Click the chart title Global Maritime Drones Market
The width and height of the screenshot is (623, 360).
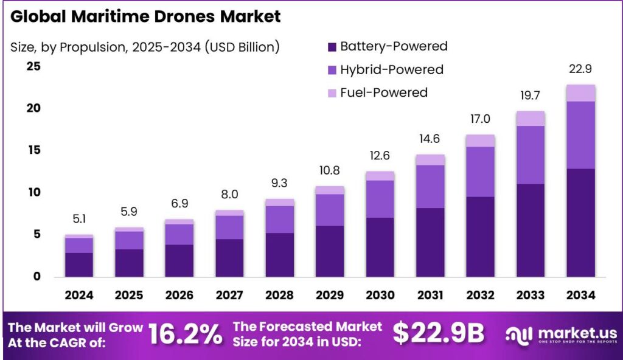146,17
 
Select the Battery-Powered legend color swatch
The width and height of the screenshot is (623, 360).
332,47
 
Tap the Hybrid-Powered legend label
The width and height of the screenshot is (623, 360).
391,69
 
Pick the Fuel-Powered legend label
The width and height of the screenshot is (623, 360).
383,92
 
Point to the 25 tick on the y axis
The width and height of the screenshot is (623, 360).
33,66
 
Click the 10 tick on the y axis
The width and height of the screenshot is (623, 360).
33,192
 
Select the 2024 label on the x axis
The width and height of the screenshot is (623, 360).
79,296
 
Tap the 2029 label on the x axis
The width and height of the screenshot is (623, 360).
329,296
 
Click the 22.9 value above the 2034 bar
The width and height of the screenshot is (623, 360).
580,69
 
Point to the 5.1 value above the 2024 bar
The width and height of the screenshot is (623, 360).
79,220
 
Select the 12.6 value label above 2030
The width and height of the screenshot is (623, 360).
380,157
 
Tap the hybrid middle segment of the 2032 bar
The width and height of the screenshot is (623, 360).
480,171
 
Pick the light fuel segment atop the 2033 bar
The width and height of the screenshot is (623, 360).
530,118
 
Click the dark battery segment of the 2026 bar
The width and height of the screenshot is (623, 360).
179,260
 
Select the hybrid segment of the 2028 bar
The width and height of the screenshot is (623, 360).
279,219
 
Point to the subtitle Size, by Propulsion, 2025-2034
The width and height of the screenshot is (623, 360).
145,47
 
